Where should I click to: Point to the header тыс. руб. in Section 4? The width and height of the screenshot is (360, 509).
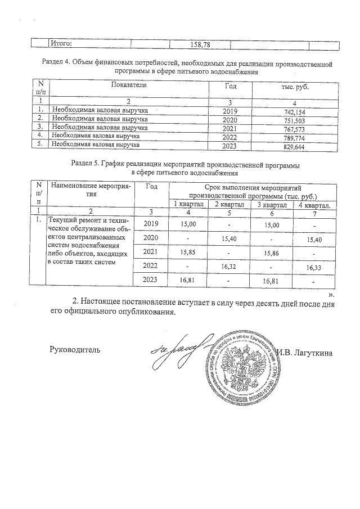pyautogui.click(x=295, y=88)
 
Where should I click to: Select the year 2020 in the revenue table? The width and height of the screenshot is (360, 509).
pyautogui.click(x=231, y=120)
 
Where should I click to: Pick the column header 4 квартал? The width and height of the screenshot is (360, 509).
pyautogui.click(x=316, y=204)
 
